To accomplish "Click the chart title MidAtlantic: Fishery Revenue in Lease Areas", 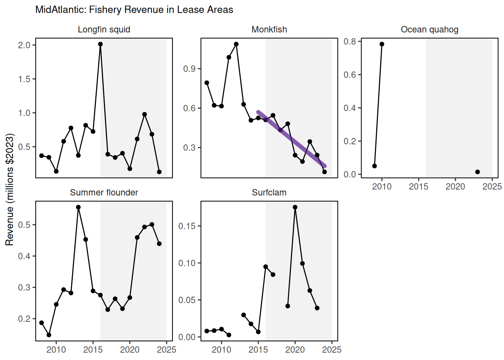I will tap(134, 10).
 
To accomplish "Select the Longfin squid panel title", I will tap(104, 30).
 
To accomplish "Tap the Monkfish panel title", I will tap(269, 30).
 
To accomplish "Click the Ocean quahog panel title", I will tap(429, 30).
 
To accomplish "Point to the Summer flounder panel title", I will tap(104, 193).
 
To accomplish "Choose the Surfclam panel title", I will tap(269, 193).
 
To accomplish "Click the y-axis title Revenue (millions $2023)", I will tap(10, 189).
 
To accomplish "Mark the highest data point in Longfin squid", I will tap(100, 44).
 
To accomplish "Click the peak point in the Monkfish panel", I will tap(236, 44).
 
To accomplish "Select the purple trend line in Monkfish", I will tap(292, 139).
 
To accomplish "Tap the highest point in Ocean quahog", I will tap(382, 44).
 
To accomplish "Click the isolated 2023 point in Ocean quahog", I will tap(477, 172).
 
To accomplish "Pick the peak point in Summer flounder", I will tap(78, 207).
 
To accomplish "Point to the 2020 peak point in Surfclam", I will tap(295, 207).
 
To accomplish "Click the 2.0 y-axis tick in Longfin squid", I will tap(24, 45).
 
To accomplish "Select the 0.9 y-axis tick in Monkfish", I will tap(189, 69).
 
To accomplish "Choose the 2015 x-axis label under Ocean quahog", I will tap(418, 187).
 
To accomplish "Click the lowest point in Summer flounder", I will tap(49, 335).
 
